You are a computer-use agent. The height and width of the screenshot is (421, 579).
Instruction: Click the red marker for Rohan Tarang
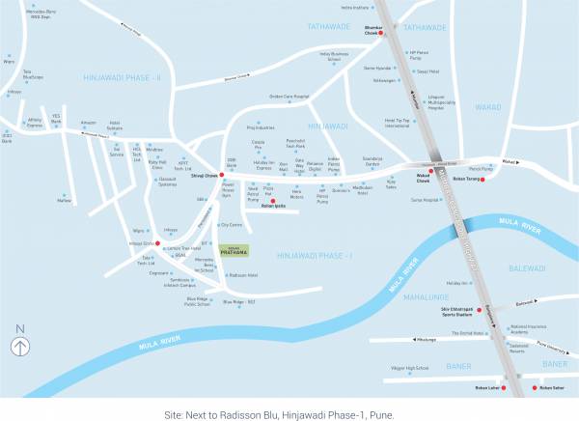[x=482, y=177]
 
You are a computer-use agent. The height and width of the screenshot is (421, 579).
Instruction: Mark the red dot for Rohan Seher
[x=533, y=382]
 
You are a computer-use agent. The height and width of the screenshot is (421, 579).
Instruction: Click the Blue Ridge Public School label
[x=197, y=301]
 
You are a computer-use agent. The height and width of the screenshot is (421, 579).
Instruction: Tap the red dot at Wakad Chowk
[x=421, y=170]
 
